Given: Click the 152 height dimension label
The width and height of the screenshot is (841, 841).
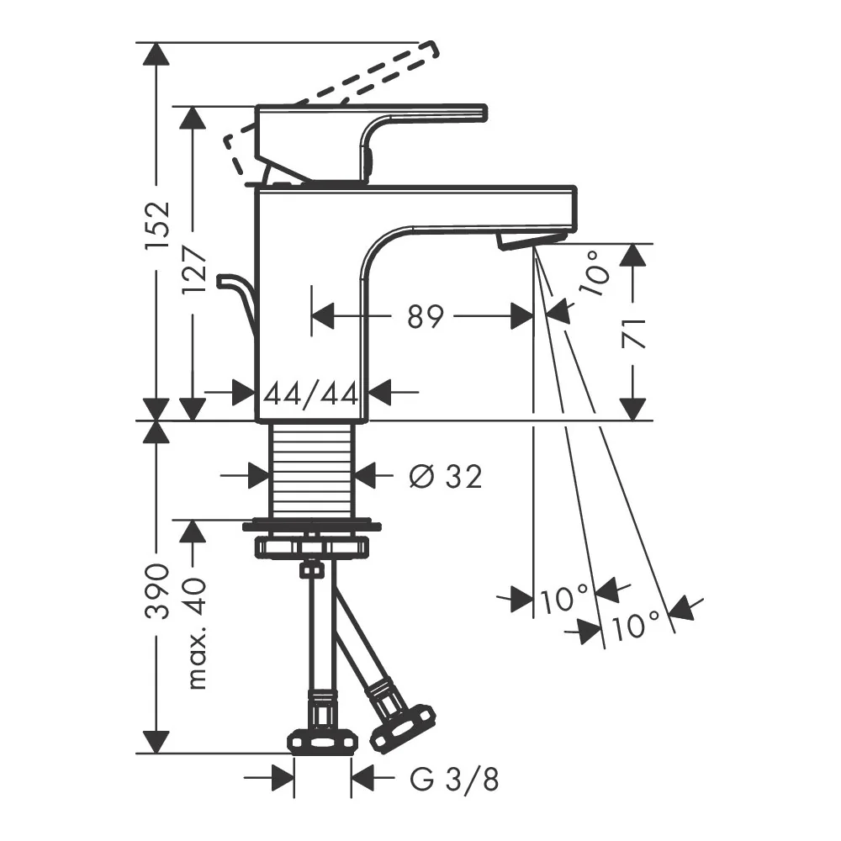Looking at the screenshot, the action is coord(157,225).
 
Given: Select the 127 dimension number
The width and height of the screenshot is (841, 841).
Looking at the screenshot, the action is coord(194,269).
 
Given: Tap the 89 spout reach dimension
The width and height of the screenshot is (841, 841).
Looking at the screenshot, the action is coord(426,316).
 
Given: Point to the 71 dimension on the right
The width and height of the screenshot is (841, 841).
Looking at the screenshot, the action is coord(633,333).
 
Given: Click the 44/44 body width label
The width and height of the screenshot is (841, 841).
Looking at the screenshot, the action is coord(311,394).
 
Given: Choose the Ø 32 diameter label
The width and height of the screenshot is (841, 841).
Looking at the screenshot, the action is coord(445,476).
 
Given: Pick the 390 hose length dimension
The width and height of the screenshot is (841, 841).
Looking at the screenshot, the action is coord(158,591).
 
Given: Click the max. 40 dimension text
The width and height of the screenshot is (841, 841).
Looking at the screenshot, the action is coord(195,633).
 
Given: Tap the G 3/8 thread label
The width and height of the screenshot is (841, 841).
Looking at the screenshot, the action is coord(454,780).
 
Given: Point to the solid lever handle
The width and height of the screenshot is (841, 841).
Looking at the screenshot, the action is coord(371,143).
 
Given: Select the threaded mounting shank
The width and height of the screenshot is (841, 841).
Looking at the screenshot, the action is coord(312,470).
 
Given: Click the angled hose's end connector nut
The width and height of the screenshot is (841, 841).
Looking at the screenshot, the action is coord(403,728).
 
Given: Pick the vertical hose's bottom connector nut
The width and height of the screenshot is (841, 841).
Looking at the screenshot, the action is coord(322,743).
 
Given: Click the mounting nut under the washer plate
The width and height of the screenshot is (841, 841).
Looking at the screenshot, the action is coord(312,547).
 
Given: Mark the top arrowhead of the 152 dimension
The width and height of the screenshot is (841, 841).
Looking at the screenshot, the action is coord(156,54).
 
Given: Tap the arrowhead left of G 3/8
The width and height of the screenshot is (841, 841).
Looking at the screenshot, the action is coord(283,778).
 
